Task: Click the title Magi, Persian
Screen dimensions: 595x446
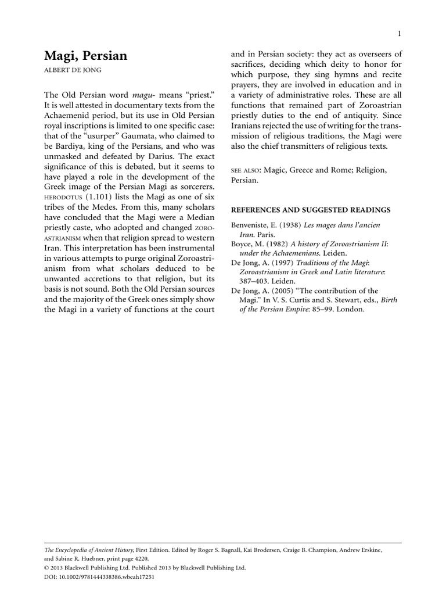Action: coord(86,56)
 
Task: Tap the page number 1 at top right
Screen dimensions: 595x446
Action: coord(400,33)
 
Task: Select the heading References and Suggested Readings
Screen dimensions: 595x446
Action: coord(311,210)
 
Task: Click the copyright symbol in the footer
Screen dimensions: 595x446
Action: coord(47,568)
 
